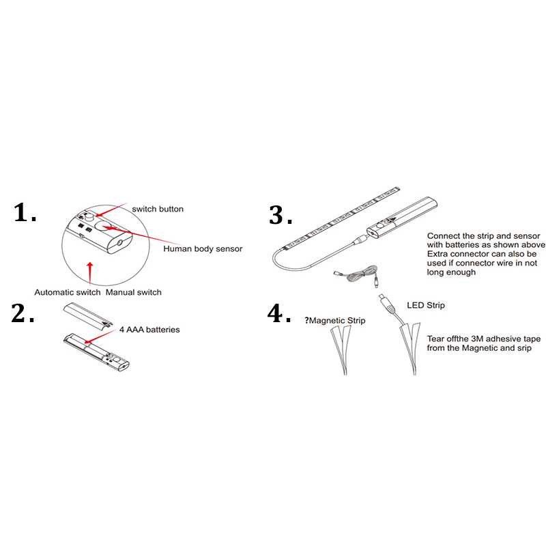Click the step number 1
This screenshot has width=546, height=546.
point(25,213)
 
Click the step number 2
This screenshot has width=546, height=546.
point(23,313)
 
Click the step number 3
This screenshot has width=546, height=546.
point(281,215)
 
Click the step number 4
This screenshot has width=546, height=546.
point(279,313)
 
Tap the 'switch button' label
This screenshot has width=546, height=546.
point(158,209)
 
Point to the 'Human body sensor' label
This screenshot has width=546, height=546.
point(203,248)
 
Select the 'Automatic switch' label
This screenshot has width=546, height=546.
point(67,292)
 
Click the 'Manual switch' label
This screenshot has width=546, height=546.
point(133,292)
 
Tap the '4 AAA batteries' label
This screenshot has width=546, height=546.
point(149,330)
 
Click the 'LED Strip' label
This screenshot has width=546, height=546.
point(425,305)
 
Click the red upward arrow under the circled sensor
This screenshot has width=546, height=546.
point(90,273)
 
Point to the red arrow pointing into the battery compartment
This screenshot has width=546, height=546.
point(99,336)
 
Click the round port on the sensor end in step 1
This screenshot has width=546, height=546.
point(120,243)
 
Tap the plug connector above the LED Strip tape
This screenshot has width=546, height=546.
point(387,303)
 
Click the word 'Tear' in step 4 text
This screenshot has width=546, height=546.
point(435,339)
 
